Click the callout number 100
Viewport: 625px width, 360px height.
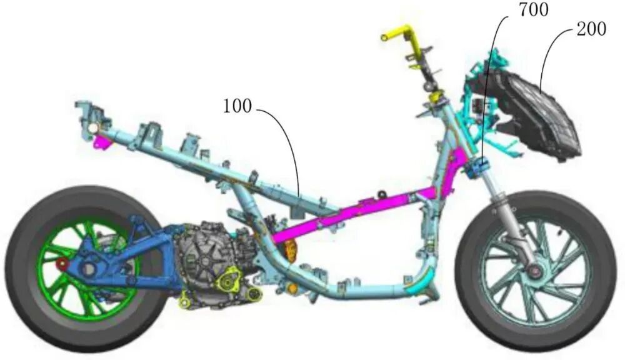click(x=237, y=106)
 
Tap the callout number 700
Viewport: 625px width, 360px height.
click(x=533, y=10)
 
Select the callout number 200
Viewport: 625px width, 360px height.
click(x=591, y=29)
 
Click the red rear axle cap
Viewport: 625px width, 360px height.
click(x=62, y=264)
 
